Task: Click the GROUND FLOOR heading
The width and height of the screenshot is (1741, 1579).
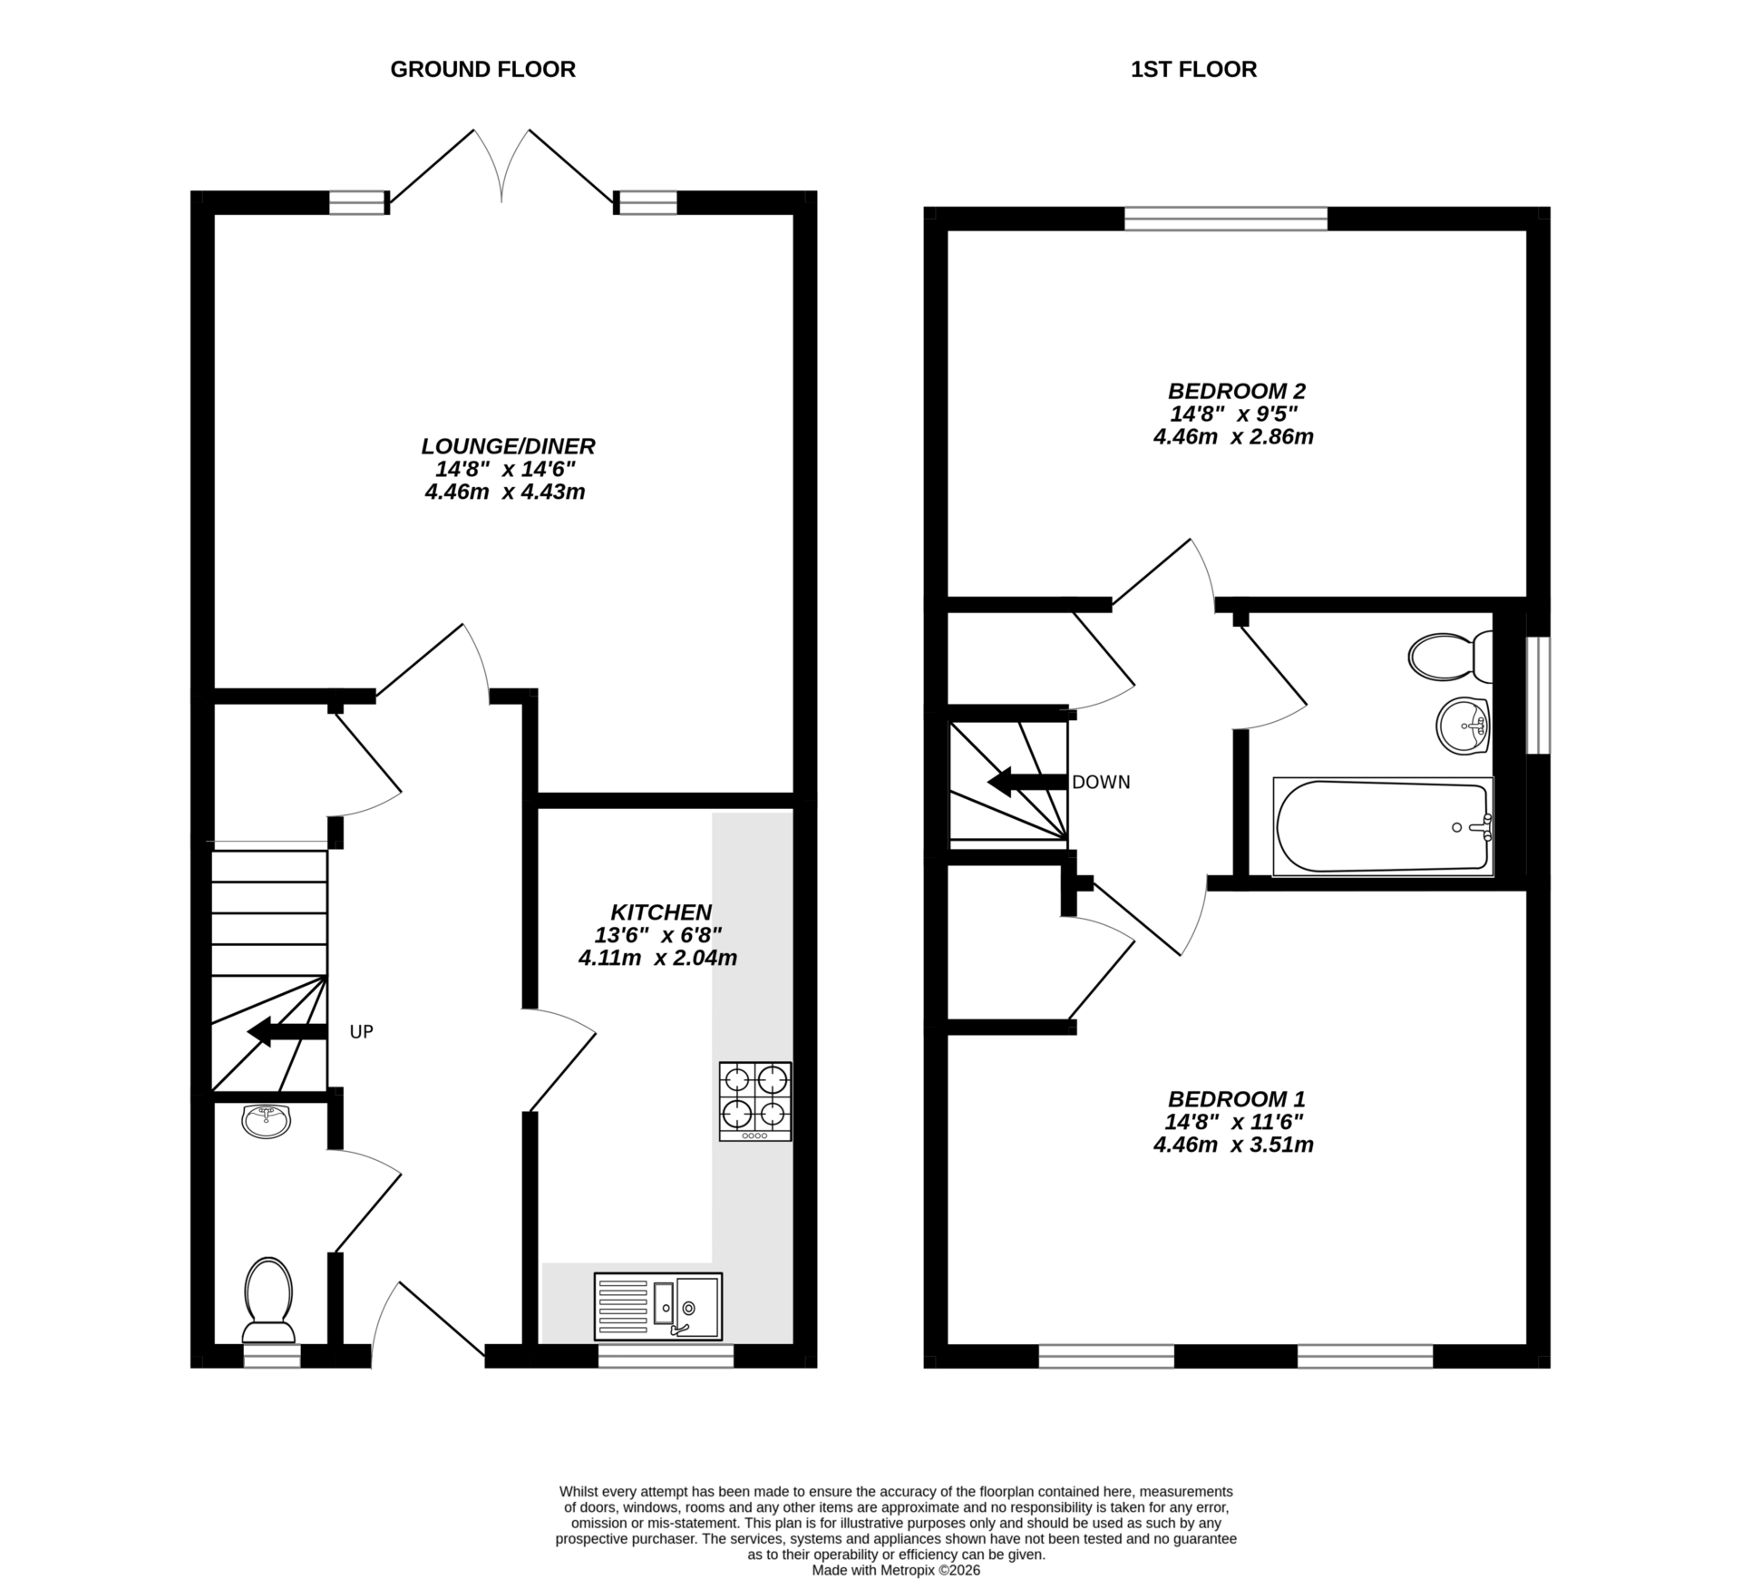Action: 482,70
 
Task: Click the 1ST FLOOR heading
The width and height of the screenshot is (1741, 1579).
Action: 1193,70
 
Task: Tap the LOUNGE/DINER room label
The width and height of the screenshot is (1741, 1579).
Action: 508,446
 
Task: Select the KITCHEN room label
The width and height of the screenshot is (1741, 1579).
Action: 660,911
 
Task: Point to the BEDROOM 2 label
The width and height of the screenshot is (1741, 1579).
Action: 1236,391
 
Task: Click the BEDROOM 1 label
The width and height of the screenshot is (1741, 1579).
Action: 1236,1098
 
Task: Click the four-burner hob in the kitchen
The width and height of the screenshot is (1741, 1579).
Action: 754,1100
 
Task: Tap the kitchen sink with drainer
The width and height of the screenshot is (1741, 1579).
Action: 658,1307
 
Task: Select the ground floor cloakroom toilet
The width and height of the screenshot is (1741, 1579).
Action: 268,1298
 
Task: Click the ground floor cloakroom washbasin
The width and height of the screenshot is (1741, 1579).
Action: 267,1121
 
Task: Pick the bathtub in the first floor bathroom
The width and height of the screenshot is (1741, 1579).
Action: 1382,826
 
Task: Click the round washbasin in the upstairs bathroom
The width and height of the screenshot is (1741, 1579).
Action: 1463,726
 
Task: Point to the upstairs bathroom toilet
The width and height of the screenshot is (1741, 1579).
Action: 1449,657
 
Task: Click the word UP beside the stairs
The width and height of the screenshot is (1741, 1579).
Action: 361,1032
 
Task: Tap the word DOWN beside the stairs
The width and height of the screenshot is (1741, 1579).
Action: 1101,782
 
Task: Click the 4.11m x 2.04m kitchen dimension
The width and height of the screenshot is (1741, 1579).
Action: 657,957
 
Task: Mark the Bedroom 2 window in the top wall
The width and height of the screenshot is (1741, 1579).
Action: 1226,219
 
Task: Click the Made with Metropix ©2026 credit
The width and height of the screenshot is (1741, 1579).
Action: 896,1570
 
